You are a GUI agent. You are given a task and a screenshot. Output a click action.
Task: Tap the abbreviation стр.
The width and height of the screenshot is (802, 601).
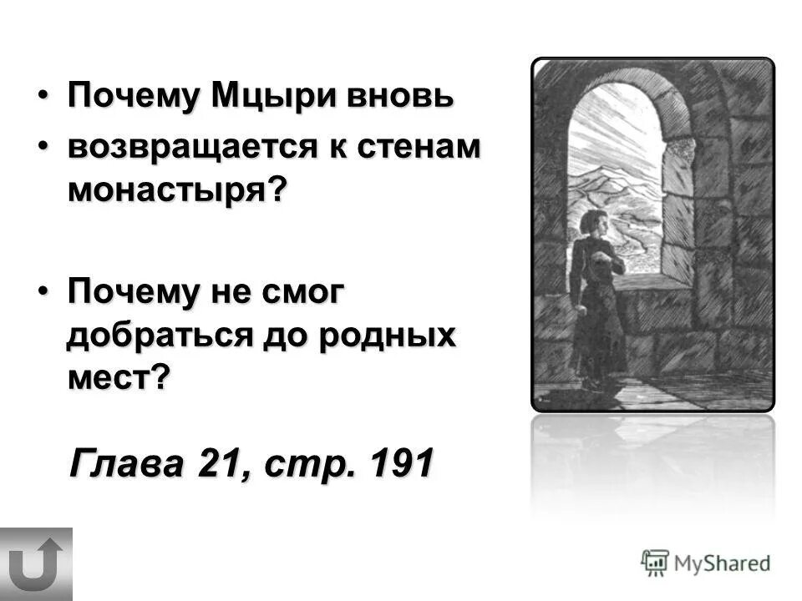click(x=307, y=463)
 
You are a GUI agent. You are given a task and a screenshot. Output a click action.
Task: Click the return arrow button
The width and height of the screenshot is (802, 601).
click(x=36, y=564)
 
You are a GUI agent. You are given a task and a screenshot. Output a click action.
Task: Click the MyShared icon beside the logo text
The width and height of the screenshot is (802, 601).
click(x=655, y=563)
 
